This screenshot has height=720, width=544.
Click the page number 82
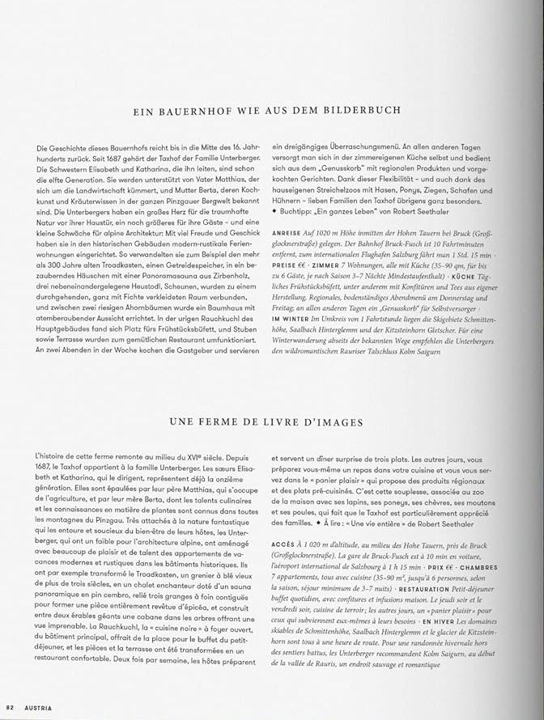tap(11, 708)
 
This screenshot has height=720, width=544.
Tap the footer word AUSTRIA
tap(37, 708)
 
